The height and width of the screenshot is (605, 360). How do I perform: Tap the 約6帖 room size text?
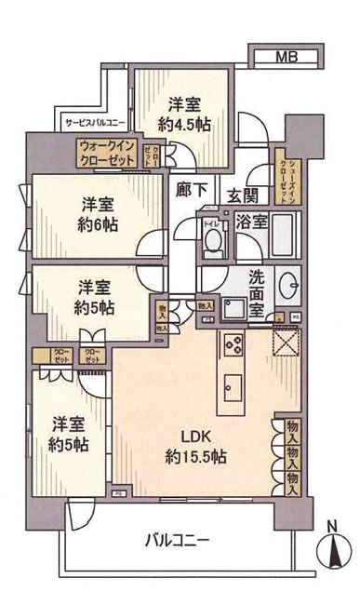tap(96, 223)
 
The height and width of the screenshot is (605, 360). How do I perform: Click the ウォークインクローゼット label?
tap(108, 152)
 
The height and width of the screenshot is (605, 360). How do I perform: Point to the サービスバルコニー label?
tap(95, 122)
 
